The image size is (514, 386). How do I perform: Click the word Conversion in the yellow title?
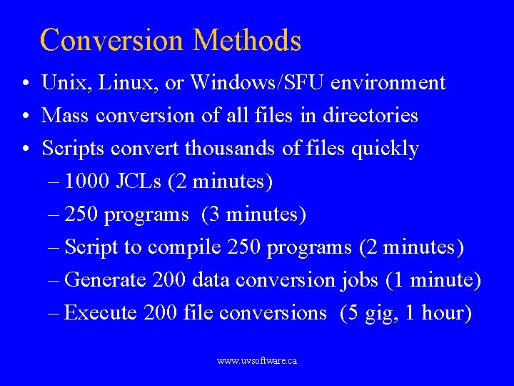coord(113,40)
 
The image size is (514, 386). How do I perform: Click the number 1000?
coord(86,182)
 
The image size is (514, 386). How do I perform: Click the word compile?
coord(185,247)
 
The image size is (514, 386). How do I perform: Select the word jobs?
coord(359,280)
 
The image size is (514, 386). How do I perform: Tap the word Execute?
coord(101,313)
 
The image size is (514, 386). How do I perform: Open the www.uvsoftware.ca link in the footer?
coord(257,361)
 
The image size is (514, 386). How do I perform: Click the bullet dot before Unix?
coord(25,84)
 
